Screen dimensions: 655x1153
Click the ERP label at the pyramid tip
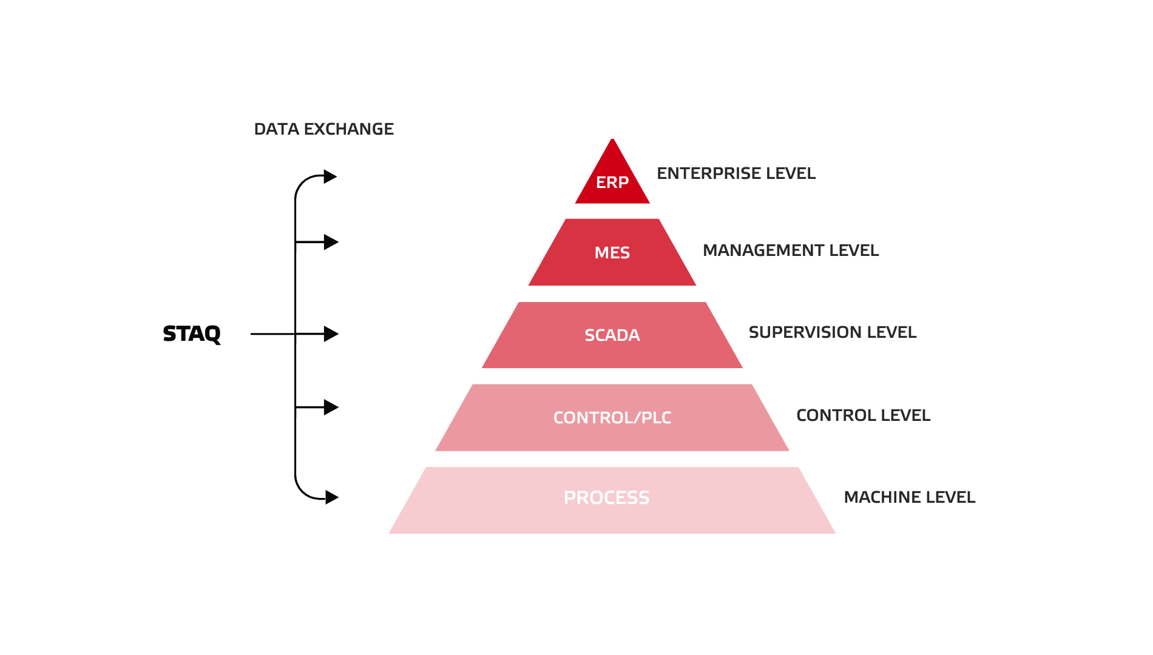(x=612, y=182)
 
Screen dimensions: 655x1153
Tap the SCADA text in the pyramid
(x=612, y=335)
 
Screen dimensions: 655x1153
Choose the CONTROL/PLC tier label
(x=612, y=417)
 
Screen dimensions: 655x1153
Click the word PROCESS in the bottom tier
(x=606, y=497)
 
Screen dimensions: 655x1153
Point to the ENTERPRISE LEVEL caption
(x=736, y=173)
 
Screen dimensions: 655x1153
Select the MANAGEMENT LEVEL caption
(x=791, y=250)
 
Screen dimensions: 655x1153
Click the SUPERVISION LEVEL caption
(x=832, y=332)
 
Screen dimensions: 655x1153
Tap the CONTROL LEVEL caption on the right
(x=863, y=415)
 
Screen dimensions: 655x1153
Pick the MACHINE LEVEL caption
(x=909, y=497)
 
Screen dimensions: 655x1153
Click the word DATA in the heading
(x=276, y=129)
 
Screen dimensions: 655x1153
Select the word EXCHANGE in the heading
(x=348, y=129)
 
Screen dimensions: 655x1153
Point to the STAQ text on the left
(x=192, y=334)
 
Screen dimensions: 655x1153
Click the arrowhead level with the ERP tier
(x=330, y=176)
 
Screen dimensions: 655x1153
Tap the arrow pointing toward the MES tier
(x=317, y=243)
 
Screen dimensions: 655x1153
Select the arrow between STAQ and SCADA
(x=317, y=334)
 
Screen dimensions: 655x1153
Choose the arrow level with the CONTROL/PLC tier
(x=317, y=408)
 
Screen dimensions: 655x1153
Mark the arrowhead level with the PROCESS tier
(x=331, y=497)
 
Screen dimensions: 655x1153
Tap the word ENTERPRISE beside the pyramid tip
(x=708, y=173)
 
